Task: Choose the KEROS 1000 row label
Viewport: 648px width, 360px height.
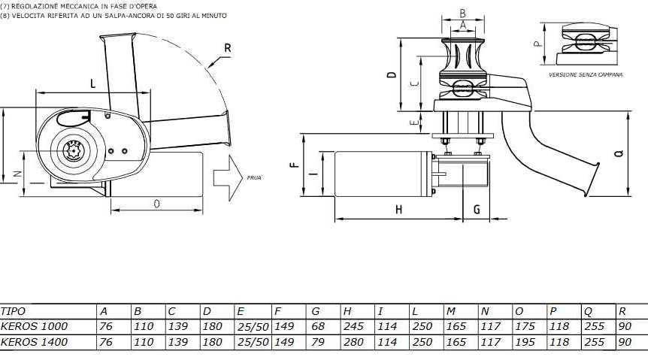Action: (x=34, y=327)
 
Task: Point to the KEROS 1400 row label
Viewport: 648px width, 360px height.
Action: (x=34, y=343)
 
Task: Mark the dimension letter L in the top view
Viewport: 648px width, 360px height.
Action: (x=93, y=84)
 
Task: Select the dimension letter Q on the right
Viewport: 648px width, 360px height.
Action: (x=618, y=154)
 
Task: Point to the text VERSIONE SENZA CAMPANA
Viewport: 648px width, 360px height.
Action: (x=586, y=76)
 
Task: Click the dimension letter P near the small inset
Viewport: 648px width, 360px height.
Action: (x=537, y=44)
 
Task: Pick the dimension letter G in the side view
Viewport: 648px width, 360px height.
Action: (x=476, y=210)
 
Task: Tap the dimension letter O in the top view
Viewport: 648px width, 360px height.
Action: (x=156, y=204)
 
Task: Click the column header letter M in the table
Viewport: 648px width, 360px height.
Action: (x=450, y=311)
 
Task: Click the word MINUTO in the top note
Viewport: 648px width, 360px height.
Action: (x=210, y=15)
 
